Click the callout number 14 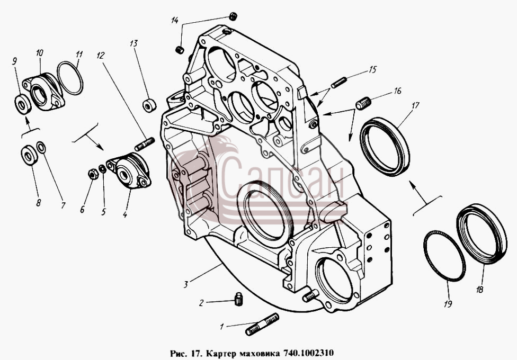[175, 21]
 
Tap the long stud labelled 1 [262, 324]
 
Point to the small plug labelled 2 [238, 299]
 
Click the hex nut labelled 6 [93, 174]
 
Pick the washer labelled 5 [103, 169]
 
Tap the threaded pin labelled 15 [339, 83]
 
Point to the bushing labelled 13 [149, 105]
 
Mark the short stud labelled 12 [145, 144]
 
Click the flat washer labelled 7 [41, 147]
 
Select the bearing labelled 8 [29, 155]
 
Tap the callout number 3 [186, 284]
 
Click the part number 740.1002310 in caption [308, 353]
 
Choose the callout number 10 [40, 53]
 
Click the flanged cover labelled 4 [129, 171]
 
